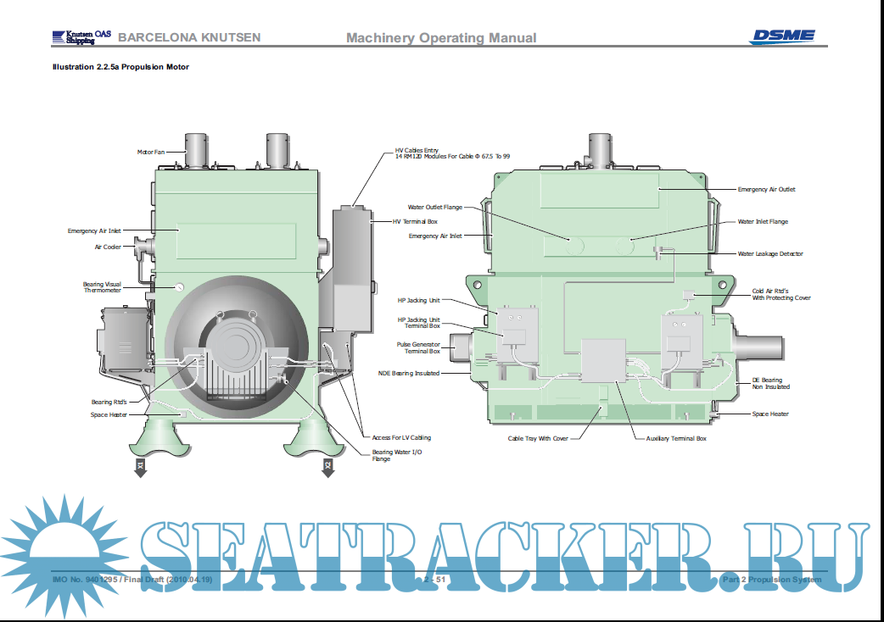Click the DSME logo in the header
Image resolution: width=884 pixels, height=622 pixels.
781,36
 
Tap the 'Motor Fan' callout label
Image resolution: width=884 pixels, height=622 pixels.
150,153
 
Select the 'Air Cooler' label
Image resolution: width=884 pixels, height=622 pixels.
108,247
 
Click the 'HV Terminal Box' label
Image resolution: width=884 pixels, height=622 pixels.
415,221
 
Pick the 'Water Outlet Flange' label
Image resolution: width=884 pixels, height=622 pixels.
434,207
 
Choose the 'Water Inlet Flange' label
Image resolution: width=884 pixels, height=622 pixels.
763,222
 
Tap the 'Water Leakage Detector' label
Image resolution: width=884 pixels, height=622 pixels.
769,253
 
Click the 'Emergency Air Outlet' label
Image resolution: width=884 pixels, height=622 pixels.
766,189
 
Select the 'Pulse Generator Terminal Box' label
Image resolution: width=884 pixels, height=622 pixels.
418,347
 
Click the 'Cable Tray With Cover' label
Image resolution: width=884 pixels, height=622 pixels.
538,438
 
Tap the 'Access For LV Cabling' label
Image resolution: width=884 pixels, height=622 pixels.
401,437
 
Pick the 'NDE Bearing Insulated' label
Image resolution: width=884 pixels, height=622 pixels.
409,373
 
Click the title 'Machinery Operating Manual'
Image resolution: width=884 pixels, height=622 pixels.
441,37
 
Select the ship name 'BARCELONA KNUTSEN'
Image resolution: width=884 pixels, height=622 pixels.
189,37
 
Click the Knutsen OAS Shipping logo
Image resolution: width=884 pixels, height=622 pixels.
80,37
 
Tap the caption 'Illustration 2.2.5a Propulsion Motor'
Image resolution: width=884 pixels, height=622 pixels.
120,67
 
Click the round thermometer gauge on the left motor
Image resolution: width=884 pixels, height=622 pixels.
180,286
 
